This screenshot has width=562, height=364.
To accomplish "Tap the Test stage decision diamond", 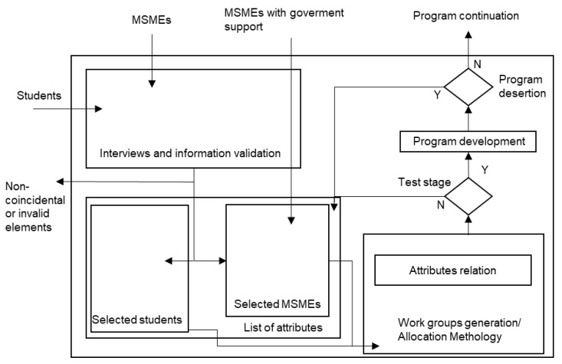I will tap(467, 196).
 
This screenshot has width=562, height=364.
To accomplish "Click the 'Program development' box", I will tap(468, 141).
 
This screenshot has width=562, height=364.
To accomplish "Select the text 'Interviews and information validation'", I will tap(192, 153).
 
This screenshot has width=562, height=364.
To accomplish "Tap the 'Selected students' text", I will tap(138, 319).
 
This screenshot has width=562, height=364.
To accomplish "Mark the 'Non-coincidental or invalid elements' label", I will tap(29, 205).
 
